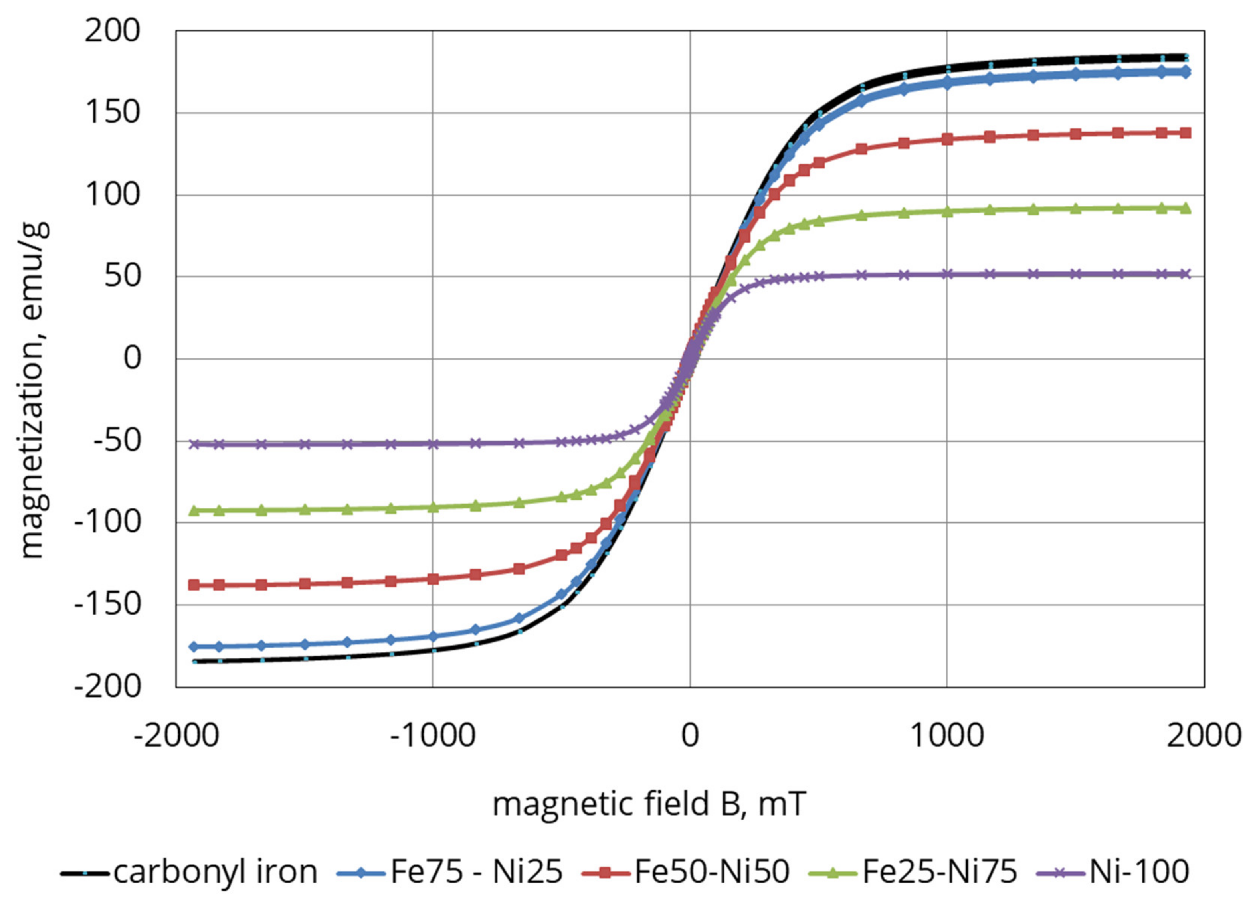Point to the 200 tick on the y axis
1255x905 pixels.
pos(112,31)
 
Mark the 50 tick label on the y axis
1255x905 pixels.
pos(122,277)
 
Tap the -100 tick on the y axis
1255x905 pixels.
pos(107,523)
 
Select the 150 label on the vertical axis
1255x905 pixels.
pos(112,113)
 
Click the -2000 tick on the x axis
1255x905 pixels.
pos(176,736)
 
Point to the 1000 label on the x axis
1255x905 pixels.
pos(947,736)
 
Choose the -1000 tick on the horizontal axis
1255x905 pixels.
pos(433,736)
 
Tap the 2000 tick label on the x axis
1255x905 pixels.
pos(1204,736)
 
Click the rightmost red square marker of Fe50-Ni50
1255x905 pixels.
pos(1185,133)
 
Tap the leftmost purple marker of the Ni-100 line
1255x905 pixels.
pos(194,444)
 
